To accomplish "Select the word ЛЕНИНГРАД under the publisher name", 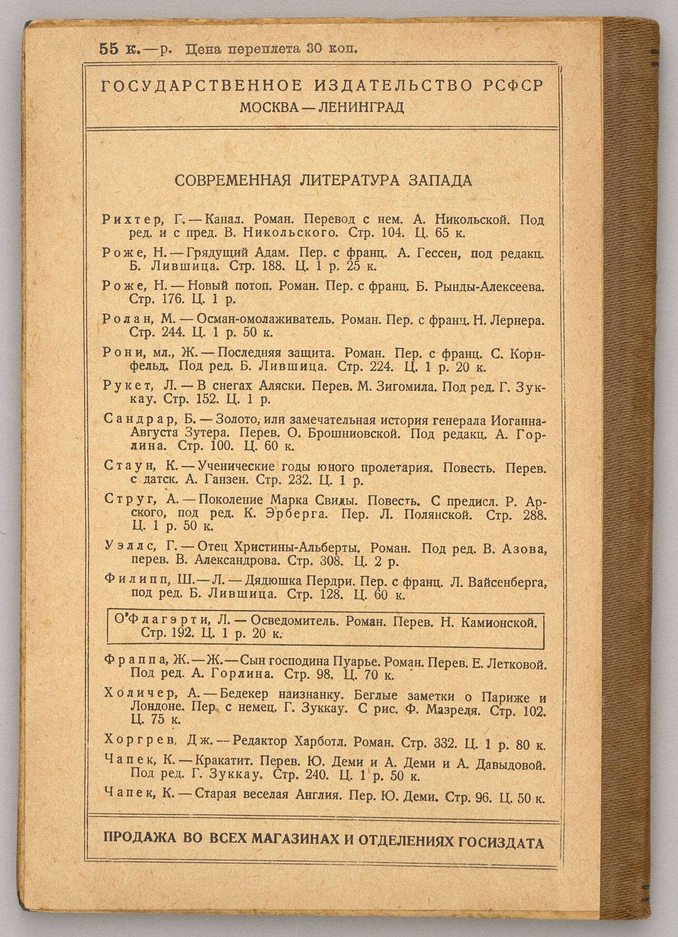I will tap(361, 108).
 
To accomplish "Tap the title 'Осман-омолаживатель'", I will tap(265, 319).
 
